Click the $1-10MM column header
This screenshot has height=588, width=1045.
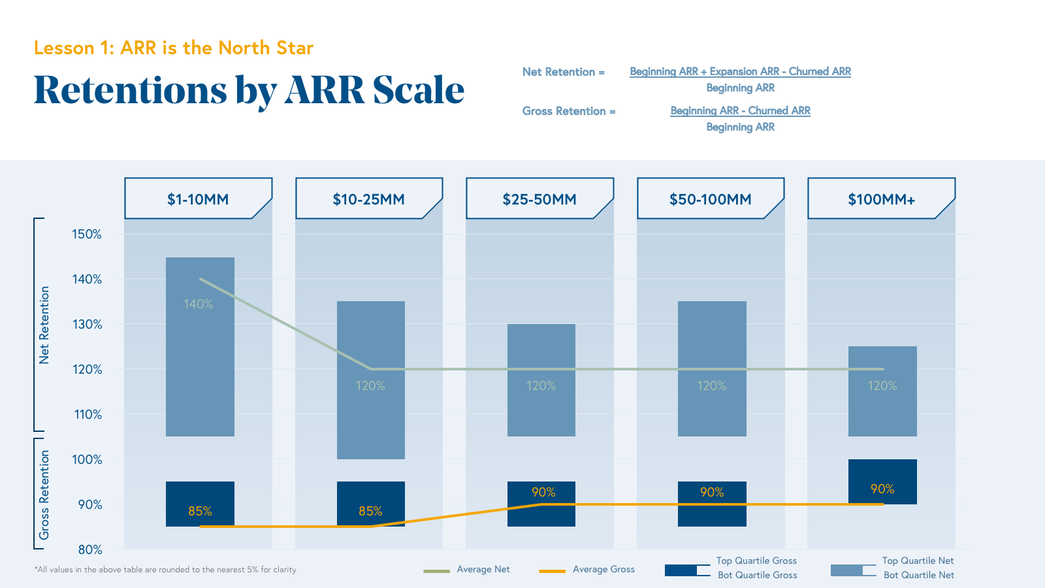(198, 199)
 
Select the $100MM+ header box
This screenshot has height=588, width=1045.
(881, 199)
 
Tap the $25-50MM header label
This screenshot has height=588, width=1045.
(539, 199)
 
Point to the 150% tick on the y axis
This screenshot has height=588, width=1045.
(87, 234)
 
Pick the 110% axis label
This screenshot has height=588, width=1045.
(87, 414)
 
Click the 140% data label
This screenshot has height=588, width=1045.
(199, 304)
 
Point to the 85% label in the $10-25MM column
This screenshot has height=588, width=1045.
(370, 511)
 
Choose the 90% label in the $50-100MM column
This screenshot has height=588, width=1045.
(712, 492)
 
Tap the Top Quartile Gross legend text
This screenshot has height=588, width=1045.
(756, 561)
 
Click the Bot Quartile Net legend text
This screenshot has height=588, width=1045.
(918, 575)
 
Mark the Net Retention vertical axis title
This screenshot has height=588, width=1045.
(44, 325)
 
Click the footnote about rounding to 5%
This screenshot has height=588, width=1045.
(165, 570)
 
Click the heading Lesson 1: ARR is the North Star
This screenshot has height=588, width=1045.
(174, 48)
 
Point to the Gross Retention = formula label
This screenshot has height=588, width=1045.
(568, 111)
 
